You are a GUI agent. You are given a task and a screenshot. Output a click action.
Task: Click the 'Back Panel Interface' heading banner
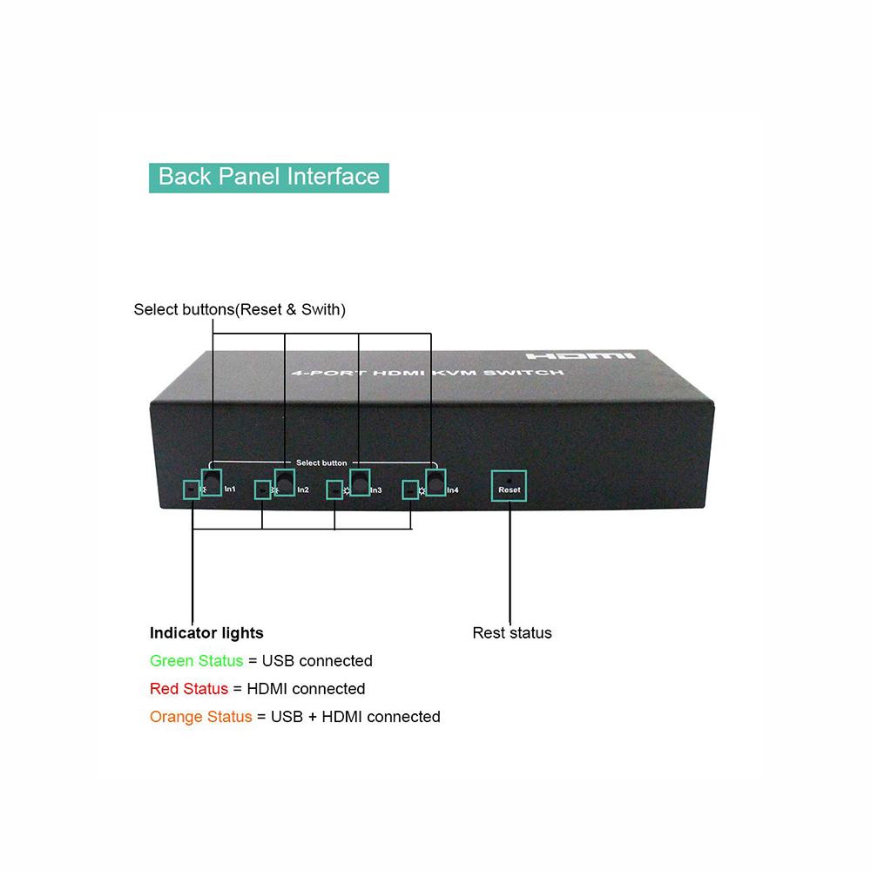click(269, 178)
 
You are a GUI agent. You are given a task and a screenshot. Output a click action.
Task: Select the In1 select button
click(211, 483)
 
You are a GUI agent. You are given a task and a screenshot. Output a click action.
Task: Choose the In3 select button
click(361, 483)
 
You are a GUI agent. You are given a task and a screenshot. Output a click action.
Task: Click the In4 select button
click(436, 483)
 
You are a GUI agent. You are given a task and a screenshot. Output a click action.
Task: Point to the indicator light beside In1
click(192, 490)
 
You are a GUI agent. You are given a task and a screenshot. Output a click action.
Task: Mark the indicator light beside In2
click(263, 490)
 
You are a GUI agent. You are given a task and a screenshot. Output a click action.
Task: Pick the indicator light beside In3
click(334, 490)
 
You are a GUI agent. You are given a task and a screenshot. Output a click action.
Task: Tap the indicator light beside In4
click(410, 490)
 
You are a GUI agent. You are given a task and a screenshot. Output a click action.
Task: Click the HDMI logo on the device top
click(580, 355)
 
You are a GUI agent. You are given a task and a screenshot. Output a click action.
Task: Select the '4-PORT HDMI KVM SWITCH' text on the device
click(428, 372)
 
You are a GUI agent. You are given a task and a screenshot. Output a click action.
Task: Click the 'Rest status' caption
click(512, 632)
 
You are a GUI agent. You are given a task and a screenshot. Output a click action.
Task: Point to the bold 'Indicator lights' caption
click(206, 633)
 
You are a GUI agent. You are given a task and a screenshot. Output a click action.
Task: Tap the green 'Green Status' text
click(197, 660)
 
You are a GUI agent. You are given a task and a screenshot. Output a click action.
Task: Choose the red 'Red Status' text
click(189, 689)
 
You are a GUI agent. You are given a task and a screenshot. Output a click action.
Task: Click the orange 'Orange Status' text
click(201, 717)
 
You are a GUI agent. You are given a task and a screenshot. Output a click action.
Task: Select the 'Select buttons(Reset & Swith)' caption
click(240, 309)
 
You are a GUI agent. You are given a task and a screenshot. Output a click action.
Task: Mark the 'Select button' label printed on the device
click(321, 463)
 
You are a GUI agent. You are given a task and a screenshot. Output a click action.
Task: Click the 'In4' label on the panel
click(453, 490)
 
